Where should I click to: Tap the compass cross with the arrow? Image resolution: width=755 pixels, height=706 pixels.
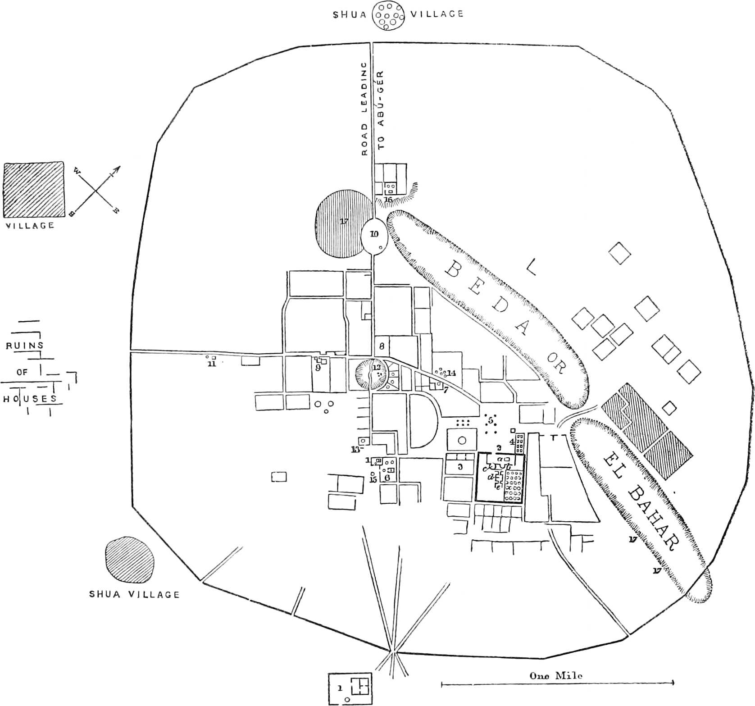point(96,191)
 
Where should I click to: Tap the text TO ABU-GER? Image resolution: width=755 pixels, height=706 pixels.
point(382,110)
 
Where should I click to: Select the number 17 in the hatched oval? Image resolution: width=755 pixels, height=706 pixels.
point(344,221)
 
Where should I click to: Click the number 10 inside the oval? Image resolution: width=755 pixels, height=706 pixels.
point(374,233)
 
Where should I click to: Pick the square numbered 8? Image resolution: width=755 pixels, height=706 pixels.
point(382,346)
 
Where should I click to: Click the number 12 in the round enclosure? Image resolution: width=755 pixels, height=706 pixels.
point(376,367)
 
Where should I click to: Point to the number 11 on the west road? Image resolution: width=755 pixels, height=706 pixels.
point(211,364)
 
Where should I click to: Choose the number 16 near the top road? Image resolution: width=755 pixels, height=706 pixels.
point(388,200)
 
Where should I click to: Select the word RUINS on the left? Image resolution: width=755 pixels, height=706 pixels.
point(24,346)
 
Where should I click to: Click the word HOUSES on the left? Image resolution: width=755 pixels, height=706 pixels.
point(30,399)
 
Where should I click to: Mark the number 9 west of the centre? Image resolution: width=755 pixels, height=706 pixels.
point(318,368)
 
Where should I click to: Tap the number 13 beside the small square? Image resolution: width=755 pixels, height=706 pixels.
point(355,449)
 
